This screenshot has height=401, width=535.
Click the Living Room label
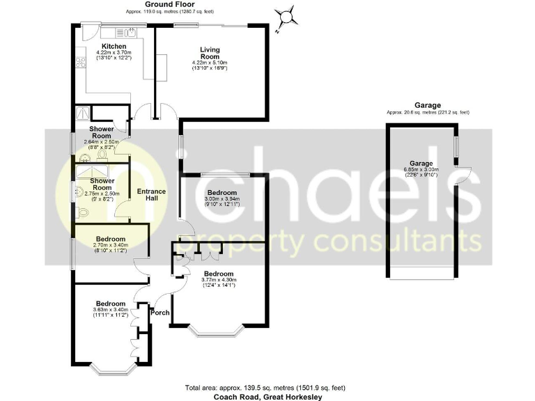[x=210, y=53]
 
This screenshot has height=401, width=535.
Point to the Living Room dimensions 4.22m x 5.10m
[x=210, y=63]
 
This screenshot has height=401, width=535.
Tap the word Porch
[x=160, y=312]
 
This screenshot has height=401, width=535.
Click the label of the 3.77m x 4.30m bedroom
[x=219, y=274]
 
